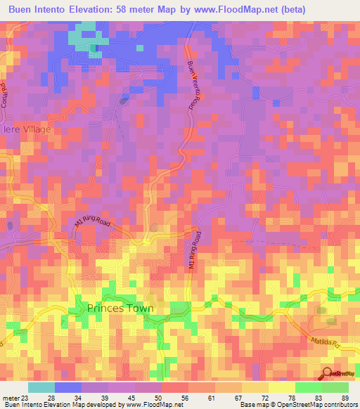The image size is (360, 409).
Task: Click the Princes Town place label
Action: (x=120, y=308)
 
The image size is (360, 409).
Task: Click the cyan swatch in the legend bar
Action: (x=41, y=387)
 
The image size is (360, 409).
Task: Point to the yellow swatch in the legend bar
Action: (x=282, y=387)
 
